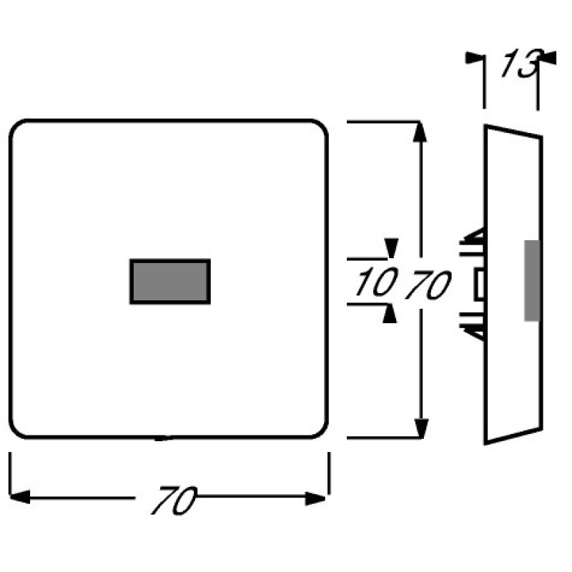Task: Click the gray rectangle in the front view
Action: [x=170, y=281]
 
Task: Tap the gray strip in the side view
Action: [x=532, y=280]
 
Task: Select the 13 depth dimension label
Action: [x=521, y=63]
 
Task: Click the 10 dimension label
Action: [x=377, y=281]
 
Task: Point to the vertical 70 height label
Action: [x=428, y=285]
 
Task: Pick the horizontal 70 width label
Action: [x=174, y=500]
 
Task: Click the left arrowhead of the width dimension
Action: [x=20, y=497]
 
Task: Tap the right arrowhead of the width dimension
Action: [x=315, y=498]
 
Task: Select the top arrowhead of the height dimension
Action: [x=420, y=132]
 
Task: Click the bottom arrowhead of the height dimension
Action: [x=421, y=428]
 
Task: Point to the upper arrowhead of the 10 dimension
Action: [x=391, y=248]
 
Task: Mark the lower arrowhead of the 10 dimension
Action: [x=390, y=313]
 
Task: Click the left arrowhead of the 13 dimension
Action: [x=475, y=58]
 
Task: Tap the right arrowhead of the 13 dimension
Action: [x=547, y=58]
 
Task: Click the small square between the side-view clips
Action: [x=479, y=285]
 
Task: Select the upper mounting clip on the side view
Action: [x=473, y=242]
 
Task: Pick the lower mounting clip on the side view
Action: [x=473, y=327]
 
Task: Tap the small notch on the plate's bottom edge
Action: [x=163, y=438]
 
